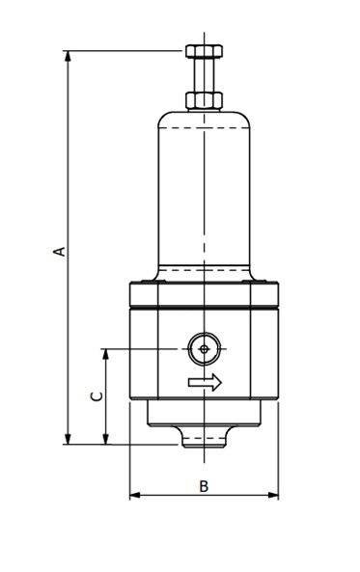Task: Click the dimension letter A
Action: point(59,251)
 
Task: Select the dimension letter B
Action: point(204,485)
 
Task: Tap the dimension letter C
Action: point(95,396)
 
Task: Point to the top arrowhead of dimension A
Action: point(68,57)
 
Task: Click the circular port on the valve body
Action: point(204,348)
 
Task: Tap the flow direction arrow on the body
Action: point(205,383)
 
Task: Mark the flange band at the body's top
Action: point(204,293)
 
